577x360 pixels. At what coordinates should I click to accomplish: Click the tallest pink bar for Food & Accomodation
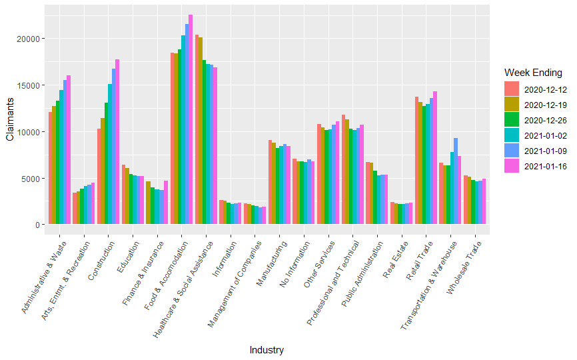[191, 120]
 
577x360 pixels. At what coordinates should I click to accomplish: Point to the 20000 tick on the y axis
[30, 39]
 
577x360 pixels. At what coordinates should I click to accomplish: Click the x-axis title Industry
[267, 350]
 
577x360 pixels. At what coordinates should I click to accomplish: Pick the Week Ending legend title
[533, 72]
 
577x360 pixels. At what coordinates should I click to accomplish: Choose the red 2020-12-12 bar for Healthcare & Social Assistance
[197, 129]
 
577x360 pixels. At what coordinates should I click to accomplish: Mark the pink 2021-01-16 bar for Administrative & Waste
[69, 150]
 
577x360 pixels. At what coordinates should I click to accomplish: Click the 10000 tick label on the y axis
[30, 132]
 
